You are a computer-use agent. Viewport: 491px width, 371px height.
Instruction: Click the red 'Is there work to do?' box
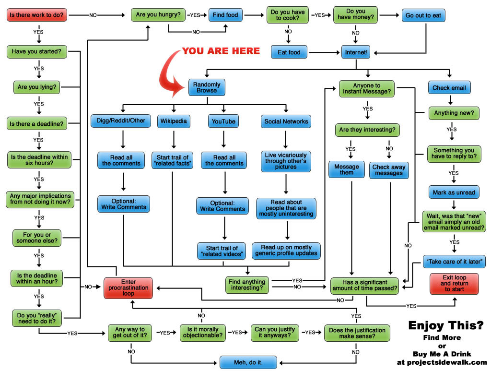(x=37, y=15)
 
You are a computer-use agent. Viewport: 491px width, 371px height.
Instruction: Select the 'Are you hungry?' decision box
(x=158, y=15)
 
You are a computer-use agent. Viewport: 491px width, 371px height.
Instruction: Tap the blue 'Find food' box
(x=225, y=15)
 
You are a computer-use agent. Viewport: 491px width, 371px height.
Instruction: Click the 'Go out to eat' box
(x=423, y=15)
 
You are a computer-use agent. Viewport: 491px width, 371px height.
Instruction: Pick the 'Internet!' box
(x=356, y=52)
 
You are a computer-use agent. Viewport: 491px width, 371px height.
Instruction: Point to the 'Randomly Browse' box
(x=207, y=87)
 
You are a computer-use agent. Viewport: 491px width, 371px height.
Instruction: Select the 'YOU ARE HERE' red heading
(x=221, y=51)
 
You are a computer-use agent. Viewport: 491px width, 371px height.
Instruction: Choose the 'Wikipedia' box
(x=174, y=121)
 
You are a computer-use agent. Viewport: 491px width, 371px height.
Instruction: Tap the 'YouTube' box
(x=223, y=121)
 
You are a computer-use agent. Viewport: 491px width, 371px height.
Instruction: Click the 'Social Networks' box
(x=286, y=121)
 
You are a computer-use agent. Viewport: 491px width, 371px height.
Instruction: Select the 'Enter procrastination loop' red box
(x=129, y=287)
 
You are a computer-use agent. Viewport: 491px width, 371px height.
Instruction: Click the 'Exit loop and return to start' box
(x=455, y=284)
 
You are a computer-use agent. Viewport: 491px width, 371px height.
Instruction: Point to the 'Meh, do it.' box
(x=248, y=362)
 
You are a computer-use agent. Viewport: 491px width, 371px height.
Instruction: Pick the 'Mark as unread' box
(x=454, y=192)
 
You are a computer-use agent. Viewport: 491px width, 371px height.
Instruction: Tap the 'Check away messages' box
(x=389, y=170)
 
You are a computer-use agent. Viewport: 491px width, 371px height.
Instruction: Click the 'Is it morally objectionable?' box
(x=203, y=333)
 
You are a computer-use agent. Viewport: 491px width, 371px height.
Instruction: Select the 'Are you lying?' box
(x=37, y=87)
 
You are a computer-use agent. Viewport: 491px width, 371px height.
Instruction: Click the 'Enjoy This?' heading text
(x=446, y=325)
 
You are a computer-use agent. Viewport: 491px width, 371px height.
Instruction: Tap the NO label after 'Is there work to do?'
(x=93, y=15)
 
